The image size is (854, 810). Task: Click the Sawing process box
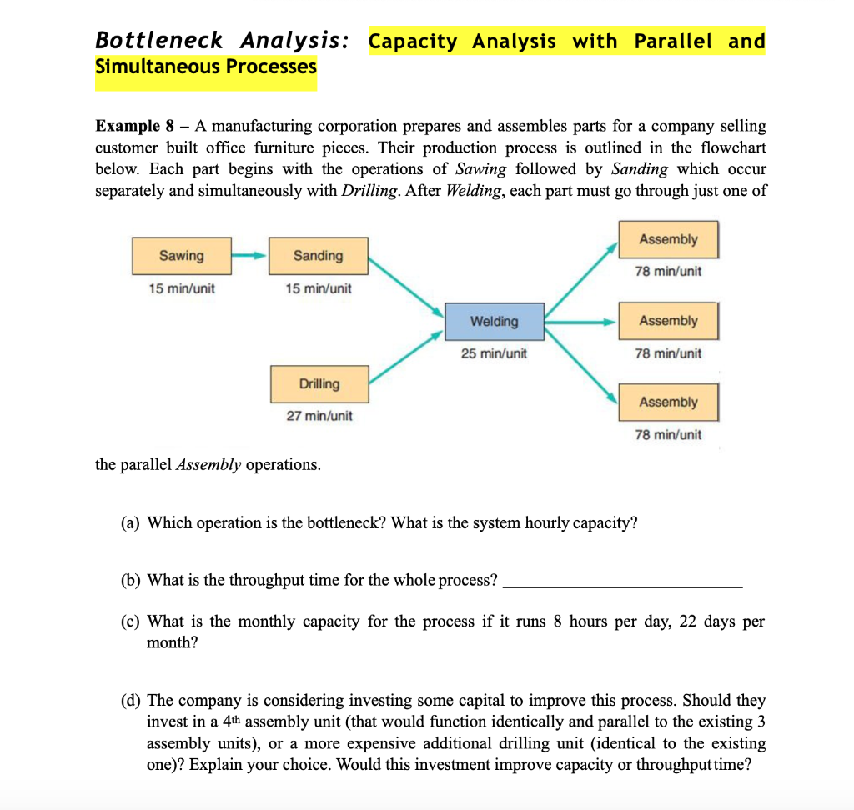pos(181,256)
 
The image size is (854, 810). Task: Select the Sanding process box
pos(318,256)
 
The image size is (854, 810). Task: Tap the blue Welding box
pos(494,322)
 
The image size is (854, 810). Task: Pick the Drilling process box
pos(319,384)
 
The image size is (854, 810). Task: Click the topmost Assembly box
pos(668,240)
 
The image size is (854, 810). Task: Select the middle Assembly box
pos(668,321)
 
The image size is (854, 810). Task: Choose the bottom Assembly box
pos(668,402)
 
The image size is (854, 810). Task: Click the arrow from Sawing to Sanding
pos(248,256)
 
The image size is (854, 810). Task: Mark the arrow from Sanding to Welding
pos(406,286)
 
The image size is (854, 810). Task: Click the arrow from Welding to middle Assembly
pos(580,321)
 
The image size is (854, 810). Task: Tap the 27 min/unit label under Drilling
pos(319,415)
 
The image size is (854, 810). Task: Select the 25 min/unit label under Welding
pos(494,353)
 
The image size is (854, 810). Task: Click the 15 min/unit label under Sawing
pos(181,288)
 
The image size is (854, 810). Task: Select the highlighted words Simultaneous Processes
pos(206,67)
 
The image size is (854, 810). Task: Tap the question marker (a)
pos(131,523)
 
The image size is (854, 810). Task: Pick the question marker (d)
pos(131,701)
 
